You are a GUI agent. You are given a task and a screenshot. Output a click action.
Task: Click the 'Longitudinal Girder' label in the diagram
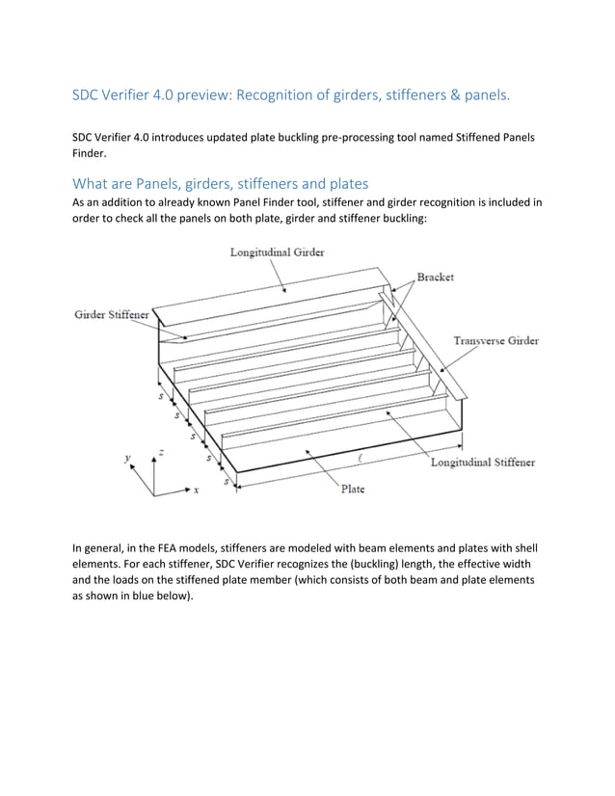(277, 252)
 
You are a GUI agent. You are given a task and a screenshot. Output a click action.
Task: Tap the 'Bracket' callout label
(435, 277)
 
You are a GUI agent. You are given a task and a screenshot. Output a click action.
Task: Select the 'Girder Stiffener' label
(111, 315)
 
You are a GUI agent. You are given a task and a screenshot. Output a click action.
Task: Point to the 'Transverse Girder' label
(495, 341)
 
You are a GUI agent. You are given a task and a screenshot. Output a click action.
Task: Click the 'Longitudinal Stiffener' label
(482, 463)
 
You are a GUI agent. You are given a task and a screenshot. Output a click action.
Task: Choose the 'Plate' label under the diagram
(352, 490)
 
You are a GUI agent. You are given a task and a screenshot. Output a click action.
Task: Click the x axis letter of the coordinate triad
(196, 491)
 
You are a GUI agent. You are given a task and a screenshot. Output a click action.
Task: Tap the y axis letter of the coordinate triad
(126, 460)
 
